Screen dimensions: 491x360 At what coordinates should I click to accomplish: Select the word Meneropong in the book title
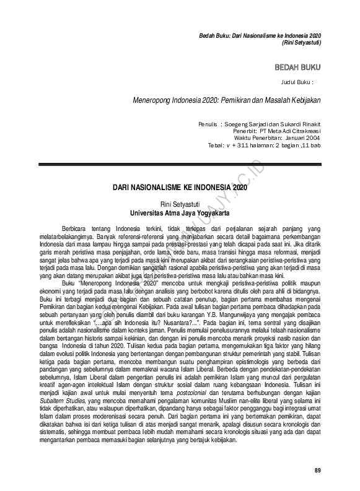(153, 100)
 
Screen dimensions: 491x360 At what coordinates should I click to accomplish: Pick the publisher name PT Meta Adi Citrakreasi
(286, 132)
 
